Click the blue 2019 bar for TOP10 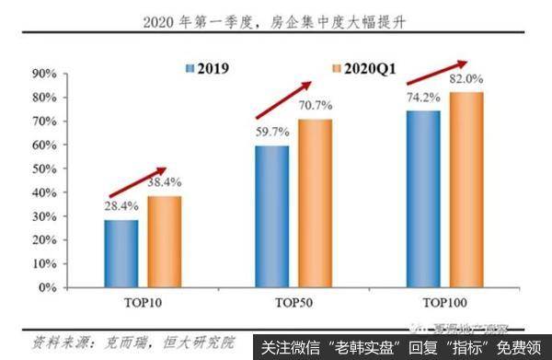click(x=121, y=253)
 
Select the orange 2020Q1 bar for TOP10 click(x=164, y=241)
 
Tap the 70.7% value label click(x=315, y=106)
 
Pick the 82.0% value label click(x=466, y=80)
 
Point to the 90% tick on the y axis click(x=47, y=73)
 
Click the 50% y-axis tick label click(x=47, y=168)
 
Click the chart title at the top click(x=276, y=22)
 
